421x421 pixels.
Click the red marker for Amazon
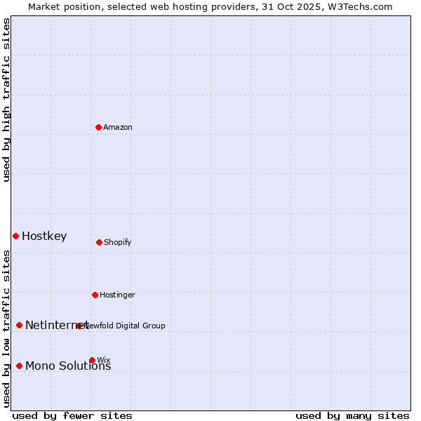pyautogui.click(x=98, y=127)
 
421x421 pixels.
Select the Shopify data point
pyautogui.click(x=99, y=242)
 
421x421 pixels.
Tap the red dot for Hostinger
pyautogui.click(x=95, y=295)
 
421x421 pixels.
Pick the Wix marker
pyautogui.click(x=92, y=360)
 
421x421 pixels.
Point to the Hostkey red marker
pyautogui.click(x=15, y=236)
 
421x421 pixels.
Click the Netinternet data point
pyautogui.click(x=19, y=325)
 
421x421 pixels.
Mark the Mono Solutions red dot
pyautogui.click(x=19, y=366)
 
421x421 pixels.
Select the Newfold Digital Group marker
pyautogui.click(x=79, y=326)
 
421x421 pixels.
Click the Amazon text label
pyautogui.click(x=118, y=127)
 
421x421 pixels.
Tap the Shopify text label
pyautogui.click(x=118, y=242)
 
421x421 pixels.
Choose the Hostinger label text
pyautogui.click(x=117, y=295)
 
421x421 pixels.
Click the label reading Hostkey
pyautogui.click(x=44, y=236)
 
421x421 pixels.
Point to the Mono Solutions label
pyautogui.click(x=68, y=366)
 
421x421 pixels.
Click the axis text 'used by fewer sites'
pyautogui.click(x=72, y=415)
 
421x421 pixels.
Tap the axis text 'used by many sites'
pyautogui.click(x=352, y=415)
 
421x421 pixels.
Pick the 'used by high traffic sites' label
pyautogui.click(x=6, y=100)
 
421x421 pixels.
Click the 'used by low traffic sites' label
pyautogui.click(x=6, y=328)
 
